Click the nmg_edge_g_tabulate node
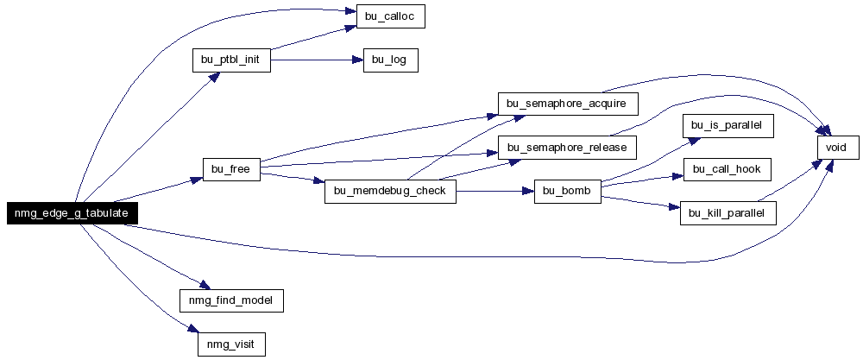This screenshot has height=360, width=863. (x=72, y=213)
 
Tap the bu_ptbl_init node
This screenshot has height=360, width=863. (x=231, y=60)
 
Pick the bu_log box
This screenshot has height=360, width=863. (x=391, y=60)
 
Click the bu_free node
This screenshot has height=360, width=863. (x=231, y=169)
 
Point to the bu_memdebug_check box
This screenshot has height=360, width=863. (x=390, y=192)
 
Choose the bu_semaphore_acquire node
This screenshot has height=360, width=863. (x=568, y=104)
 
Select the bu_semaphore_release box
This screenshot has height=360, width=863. (x=568, y=148)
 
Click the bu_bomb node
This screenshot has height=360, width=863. (x=568, y=192)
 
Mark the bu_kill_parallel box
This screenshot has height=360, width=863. (x=728, y=213)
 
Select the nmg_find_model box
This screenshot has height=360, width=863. (x=231, y=300)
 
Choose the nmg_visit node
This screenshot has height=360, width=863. (x=231, y=344)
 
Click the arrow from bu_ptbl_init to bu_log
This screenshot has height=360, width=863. (x=317, y=60)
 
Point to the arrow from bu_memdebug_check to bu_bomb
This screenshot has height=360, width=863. (x=495, y=192)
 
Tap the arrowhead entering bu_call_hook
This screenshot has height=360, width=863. (x=677, y=176)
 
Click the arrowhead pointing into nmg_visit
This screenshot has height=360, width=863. (x=192, y=329)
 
